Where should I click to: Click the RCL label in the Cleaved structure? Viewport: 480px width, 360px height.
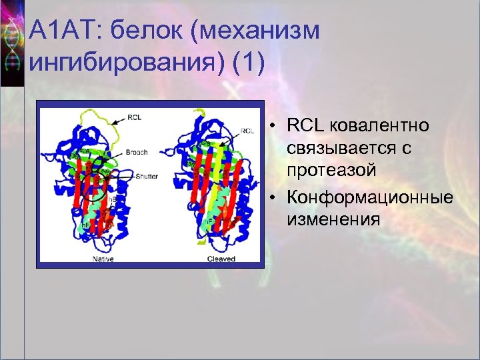pyautogui.click(x=247, y=131)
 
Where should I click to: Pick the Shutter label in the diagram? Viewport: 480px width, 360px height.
pyautogui.click(x=147, y=177)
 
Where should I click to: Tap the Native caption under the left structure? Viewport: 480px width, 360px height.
pyautogui.click(x=105, y=259)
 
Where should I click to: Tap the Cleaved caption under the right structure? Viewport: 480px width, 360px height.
pyautogui.click(x=221, y=259)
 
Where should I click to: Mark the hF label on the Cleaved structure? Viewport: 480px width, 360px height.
pyautogui.click(x=207, y=221)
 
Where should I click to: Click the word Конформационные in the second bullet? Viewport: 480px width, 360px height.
pyautogui.click(x=370, y=198)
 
